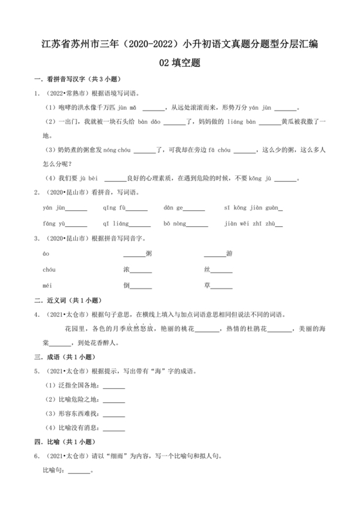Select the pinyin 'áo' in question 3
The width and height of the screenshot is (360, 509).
pos(46,253)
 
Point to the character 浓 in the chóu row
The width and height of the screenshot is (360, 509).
pos(127,269)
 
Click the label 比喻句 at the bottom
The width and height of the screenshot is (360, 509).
pos(53,470)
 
